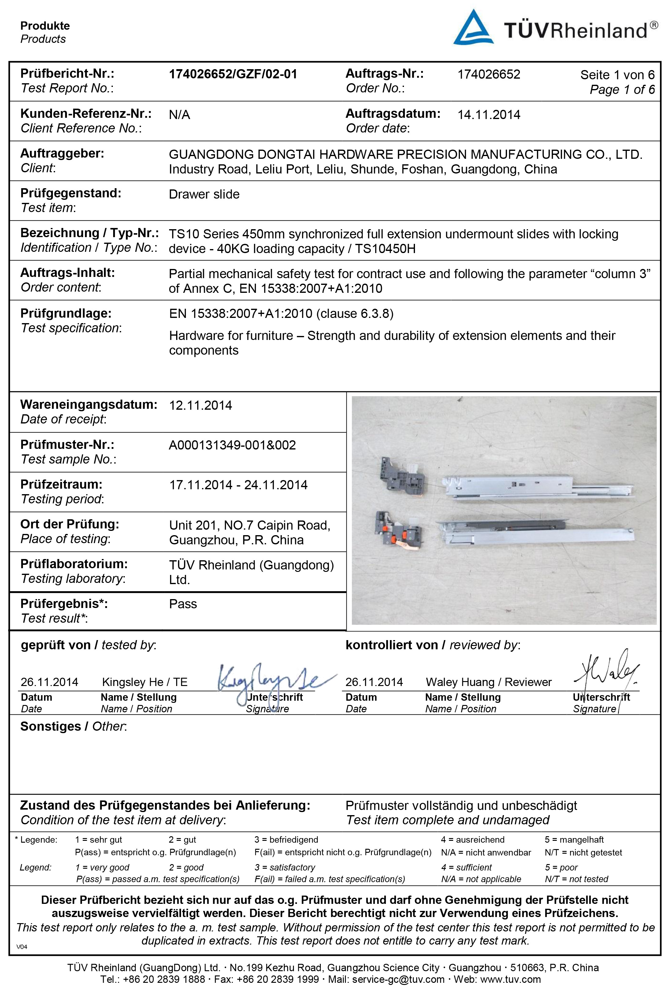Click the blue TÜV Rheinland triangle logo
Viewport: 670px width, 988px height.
click(473, 28)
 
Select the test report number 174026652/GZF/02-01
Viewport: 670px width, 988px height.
click(233, 74)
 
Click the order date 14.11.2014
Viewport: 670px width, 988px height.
click(489, 115)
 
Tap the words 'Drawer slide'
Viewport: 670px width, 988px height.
click(204, 194)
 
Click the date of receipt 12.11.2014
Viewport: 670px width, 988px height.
click(201, 405)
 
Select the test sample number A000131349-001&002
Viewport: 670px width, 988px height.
click(232, 445)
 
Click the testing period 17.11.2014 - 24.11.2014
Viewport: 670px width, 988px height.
click(238, 485)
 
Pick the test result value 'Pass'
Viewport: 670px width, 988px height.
click(183, 604)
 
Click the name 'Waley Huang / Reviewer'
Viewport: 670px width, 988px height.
click(489, 682)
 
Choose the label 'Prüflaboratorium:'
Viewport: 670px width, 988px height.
click(74, 564)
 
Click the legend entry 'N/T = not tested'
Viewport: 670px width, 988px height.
click(576, 879)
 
